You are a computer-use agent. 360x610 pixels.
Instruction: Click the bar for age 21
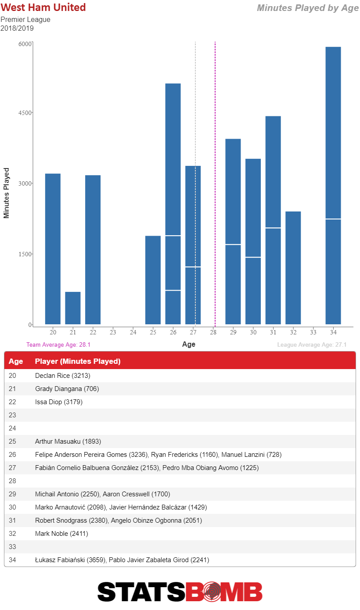click(73, 308)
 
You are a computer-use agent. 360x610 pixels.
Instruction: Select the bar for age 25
click(153, 280)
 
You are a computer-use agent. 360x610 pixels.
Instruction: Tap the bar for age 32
click(293, 268)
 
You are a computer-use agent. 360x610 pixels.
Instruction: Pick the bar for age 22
click(93, 250)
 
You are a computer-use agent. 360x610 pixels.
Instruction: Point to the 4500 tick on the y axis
click(25, 113)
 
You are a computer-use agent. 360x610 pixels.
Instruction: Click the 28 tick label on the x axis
click(213, 332)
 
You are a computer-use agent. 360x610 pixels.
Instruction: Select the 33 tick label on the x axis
click(313, 332)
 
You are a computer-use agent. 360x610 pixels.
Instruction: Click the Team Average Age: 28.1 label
click(58, 345)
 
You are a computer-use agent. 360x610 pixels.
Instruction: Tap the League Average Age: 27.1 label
click(312, 345)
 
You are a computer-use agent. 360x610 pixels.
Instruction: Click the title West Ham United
click(43, 7)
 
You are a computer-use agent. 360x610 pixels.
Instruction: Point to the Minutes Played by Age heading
click(308, 8)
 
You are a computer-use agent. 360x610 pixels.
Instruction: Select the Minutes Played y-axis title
click(6, 193)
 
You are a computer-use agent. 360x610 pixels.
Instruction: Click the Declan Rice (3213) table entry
click(63, 376)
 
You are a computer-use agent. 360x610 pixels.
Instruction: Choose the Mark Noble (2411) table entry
click(61, 534)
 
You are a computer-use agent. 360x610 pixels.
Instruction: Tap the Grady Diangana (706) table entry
click(67, 389)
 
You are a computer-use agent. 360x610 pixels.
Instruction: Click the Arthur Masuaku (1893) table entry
click(68, 441)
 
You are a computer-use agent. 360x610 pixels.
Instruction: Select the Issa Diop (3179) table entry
click(59, 402)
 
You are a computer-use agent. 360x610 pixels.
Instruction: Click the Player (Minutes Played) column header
click(78, 361)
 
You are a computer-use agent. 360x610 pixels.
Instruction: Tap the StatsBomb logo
click(180, 592)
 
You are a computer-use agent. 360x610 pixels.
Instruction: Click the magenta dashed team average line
click(215, 184)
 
